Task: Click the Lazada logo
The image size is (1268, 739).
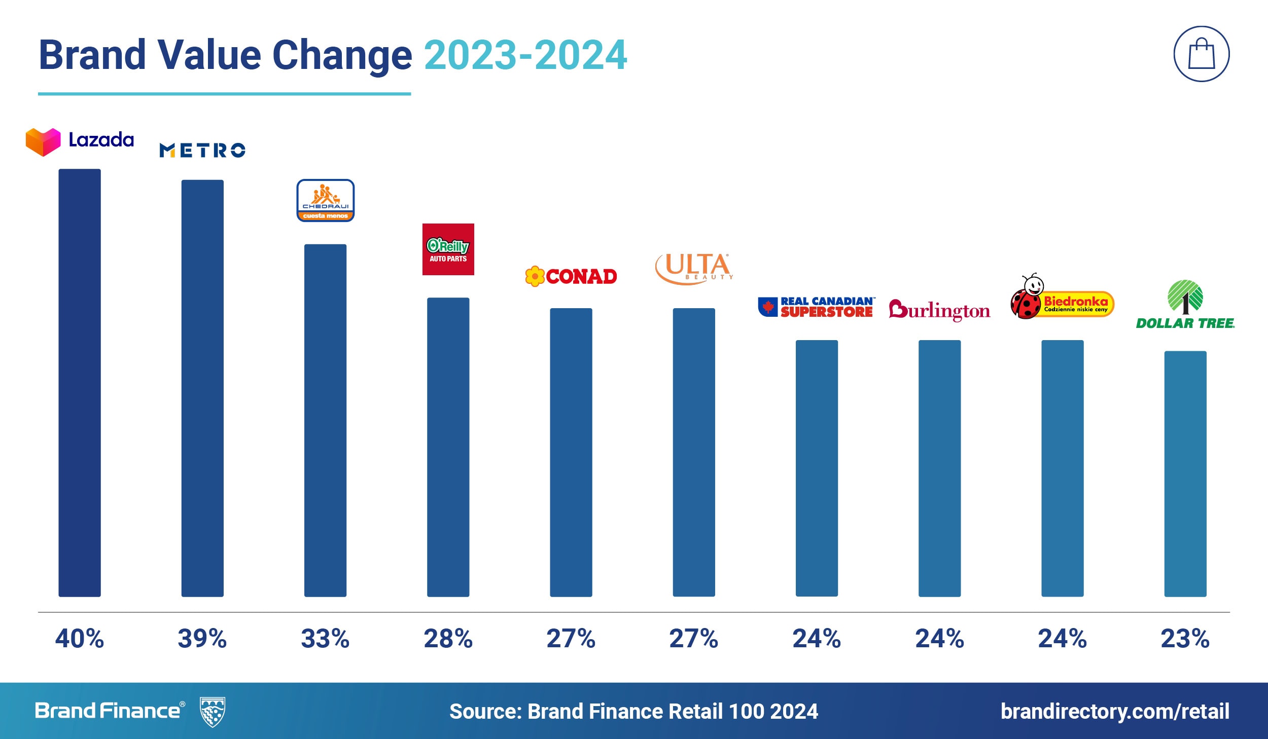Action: click(80, 141)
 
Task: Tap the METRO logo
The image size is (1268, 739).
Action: click(202, 150)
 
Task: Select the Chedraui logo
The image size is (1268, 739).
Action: click(325, 200)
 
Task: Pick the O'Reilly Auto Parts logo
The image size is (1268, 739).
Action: click(448, 249)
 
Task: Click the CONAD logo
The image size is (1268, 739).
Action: click(571, 276)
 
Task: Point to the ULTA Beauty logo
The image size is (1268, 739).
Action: click(694, 268)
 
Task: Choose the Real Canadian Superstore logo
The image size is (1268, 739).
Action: click(817, 307)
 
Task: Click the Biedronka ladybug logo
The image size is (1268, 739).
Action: click(1062, 299)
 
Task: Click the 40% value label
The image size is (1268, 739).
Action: click(80, 639)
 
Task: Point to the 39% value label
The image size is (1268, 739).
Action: click(202, 639)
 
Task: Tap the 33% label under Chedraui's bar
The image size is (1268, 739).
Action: click(325, 639)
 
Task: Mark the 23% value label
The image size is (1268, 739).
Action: click(1185, 639)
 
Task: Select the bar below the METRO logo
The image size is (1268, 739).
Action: click(202, 388)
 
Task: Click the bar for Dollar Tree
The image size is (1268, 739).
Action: click(1185, 474)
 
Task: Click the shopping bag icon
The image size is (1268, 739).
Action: click(1202, 54)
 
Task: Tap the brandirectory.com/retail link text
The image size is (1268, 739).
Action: click(1115, 711)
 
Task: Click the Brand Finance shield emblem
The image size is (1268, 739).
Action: click(213, 712)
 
